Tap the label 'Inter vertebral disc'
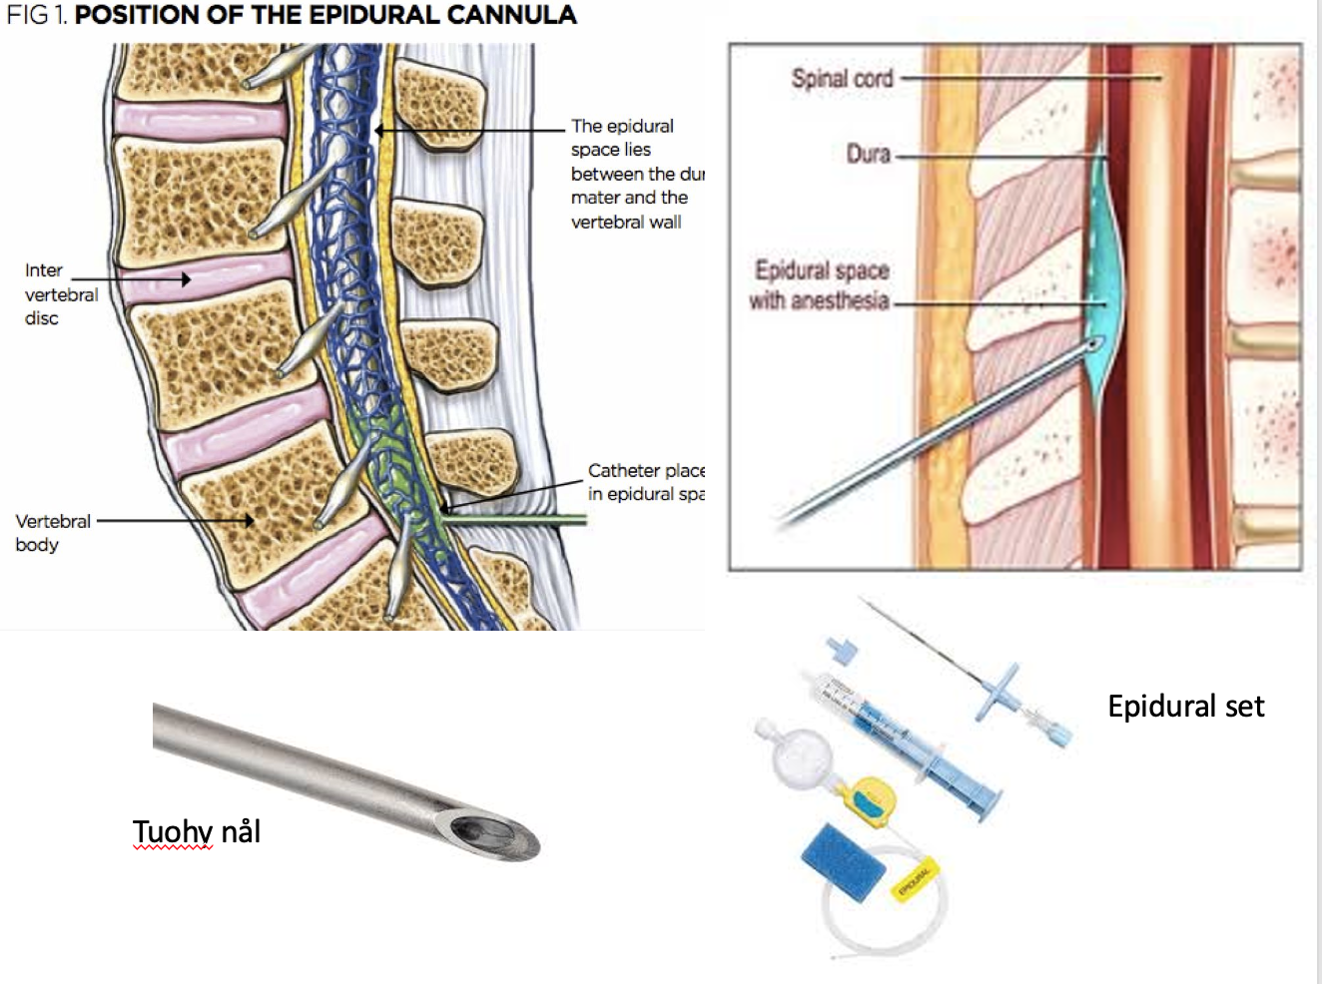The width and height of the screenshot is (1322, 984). click(x=60, y=294)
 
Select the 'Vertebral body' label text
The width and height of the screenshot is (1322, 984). click(x=52, y=533)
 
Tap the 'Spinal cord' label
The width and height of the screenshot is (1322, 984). click(x=842, y=78)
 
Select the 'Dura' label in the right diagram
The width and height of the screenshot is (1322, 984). click(x=868, y=154)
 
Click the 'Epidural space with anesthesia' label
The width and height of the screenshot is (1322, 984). click(x=821, y=285)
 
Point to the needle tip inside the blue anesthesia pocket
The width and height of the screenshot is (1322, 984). click(x=1095, y=344)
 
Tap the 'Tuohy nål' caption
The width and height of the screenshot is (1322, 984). click(x=197, y=831)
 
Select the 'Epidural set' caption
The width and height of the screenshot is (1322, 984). click(x=1185, y=707)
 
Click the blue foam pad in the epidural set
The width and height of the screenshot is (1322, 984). click(x=844, y=861)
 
